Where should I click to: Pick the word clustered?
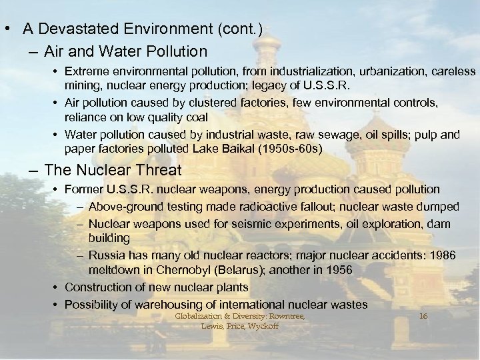pyautogui.click(x=195, y=103)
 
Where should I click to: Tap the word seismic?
pyautogui.click(x=218, y=222)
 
